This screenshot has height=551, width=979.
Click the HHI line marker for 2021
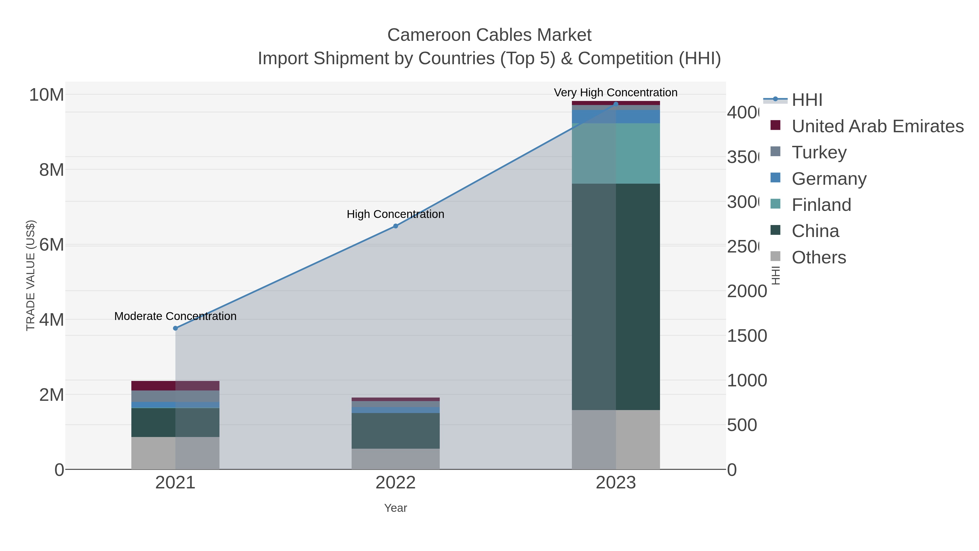175,328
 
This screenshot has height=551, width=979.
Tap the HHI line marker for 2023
616,104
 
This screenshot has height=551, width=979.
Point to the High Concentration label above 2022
395,214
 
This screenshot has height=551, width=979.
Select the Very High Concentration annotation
615,93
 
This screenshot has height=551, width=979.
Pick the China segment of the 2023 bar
616,297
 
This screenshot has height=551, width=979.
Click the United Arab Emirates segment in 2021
175,386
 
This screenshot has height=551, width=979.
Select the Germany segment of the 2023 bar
616,117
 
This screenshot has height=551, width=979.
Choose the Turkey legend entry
819,152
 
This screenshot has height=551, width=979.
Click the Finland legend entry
821,205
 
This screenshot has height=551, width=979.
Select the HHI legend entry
807,100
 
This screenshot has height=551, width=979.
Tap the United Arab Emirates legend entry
877,126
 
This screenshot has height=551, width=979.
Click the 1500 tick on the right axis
746,336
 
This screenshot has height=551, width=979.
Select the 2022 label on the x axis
395,482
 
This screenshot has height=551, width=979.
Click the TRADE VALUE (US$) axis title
30,275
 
